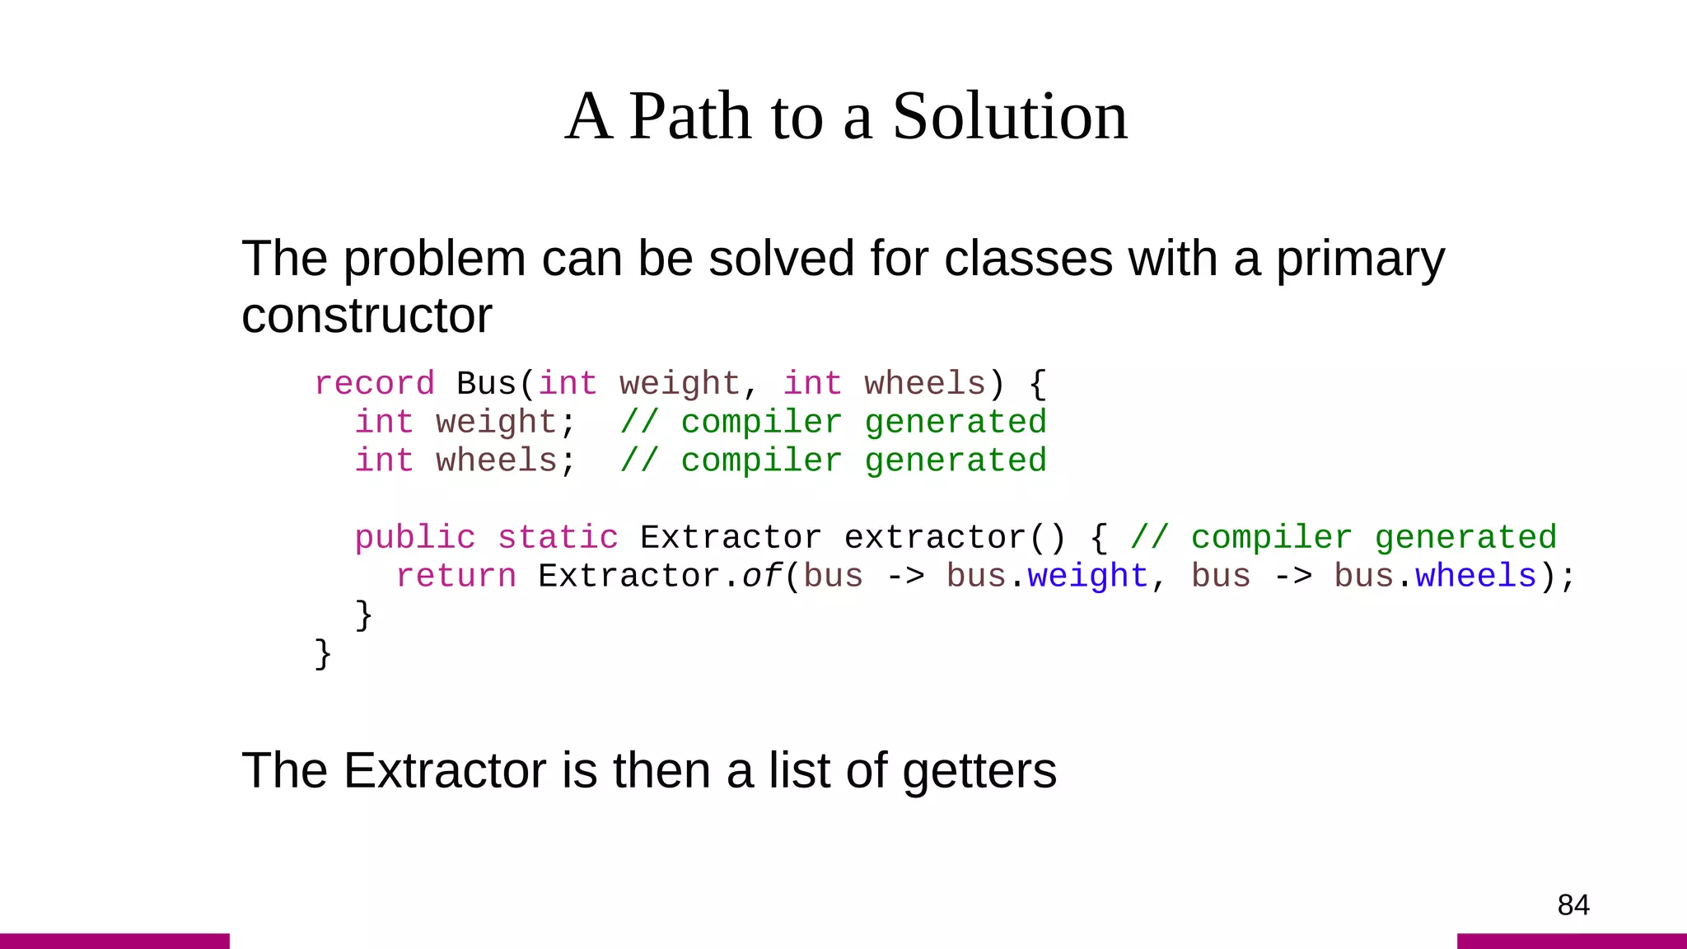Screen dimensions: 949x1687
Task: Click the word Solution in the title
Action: coord(1009,116)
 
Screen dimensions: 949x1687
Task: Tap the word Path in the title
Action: coord(689,116)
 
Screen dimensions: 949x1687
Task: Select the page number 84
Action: coord(1573,905)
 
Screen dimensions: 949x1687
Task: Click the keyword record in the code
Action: coord(374,384)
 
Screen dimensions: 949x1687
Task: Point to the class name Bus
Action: coord(486,384)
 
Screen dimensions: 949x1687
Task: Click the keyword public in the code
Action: coord(415,538)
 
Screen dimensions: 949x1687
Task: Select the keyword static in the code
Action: coord(558,538)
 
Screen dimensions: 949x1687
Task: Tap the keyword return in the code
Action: coord(456,577)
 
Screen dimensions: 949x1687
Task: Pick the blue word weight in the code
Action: coord(1087,577)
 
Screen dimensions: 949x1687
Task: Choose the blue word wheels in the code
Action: coord(1475,577)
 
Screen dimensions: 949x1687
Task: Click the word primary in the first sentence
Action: coord(1360,259)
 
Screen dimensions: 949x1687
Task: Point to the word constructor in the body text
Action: coord(367,316)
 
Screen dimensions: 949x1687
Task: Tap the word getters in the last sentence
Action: coord(979,771)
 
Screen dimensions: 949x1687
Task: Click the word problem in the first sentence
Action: coord(434,259)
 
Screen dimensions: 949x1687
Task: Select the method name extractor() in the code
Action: coord(955,538)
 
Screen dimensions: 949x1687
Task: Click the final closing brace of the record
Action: coord(323,654)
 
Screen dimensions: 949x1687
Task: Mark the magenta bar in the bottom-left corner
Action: coord(114,941)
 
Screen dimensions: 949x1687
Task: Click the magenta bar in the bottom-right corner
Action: coord(1572,941)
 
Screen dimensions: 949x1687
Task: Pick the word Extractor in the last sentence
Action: coord(446,771)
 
